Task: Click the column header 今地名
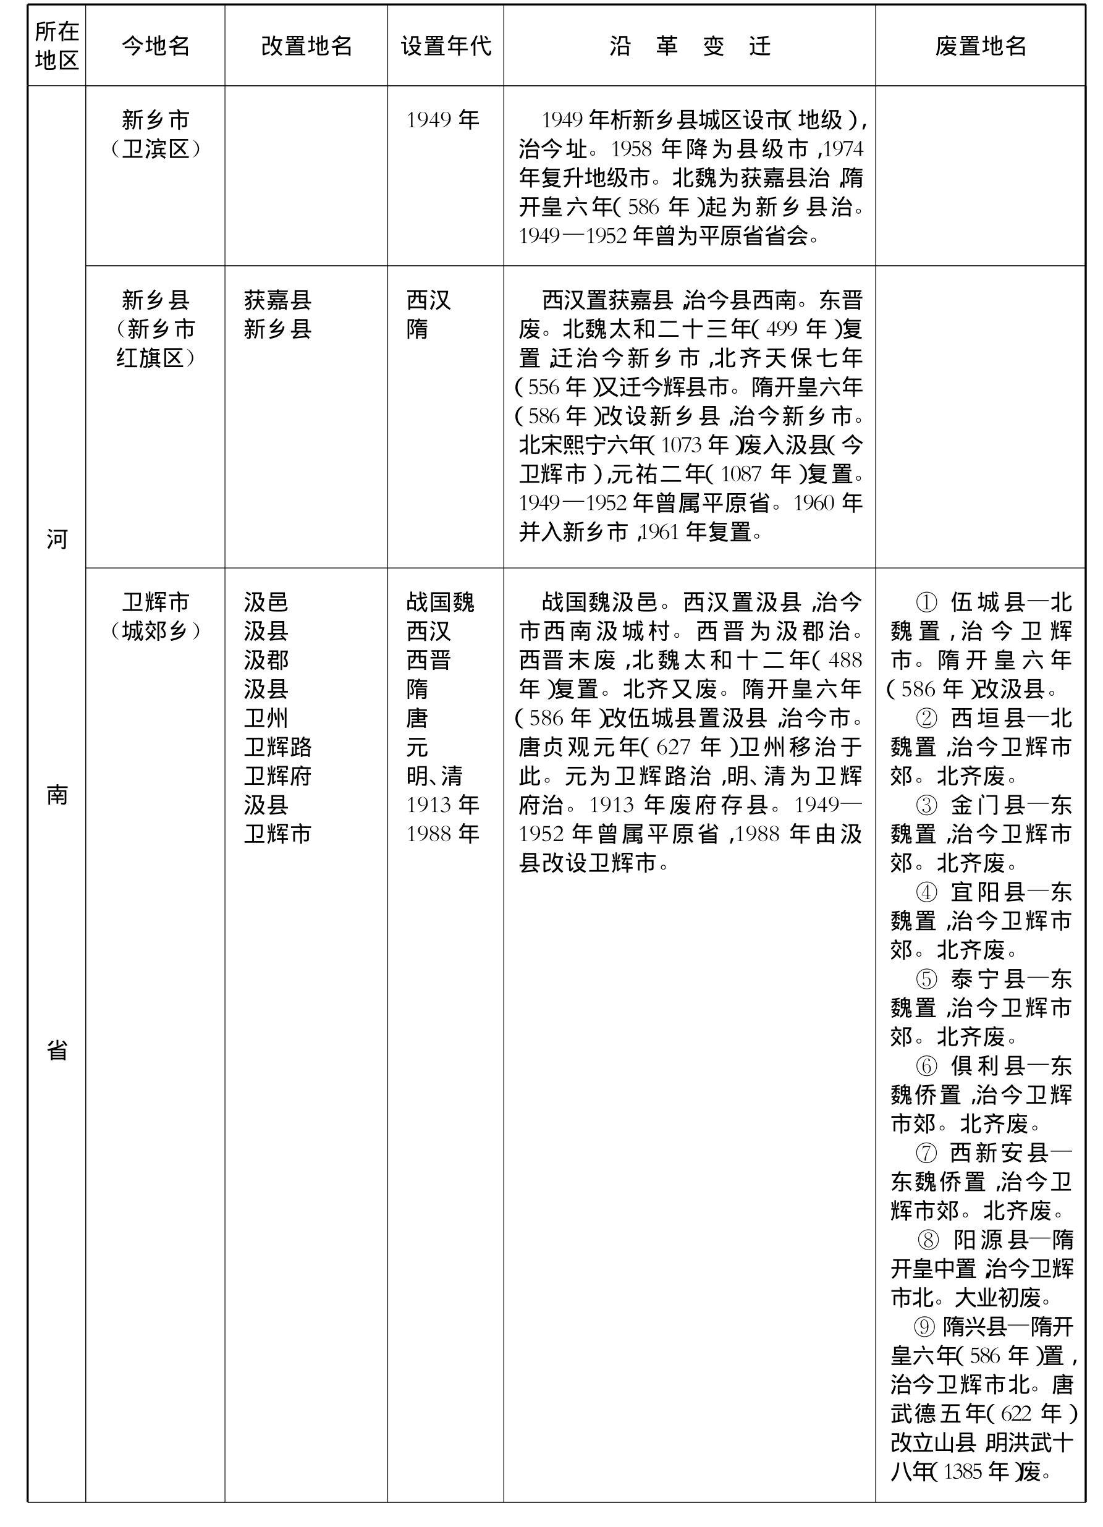156,46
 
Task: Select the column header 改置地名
306,46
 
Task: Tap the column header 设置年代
446,46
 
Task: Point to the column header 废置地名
981,46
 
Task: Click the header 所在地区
57,46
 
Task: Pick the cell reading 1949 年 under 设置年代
442,120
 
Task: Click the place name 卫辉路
277,747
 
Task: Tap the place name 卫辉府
277,776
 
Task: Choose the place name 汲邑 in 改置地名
266,602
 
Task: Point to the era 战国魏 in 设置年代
441,602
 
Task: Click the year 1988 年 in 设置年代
442,834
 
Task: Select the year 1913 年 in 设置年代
442,805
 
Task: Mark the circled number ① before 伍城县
926,602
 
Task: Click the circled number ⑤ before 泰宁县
926,979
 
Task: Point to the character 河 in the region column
57,539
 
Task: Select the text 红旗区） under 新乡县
156,358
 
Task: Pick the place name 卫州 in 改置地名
266,717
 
